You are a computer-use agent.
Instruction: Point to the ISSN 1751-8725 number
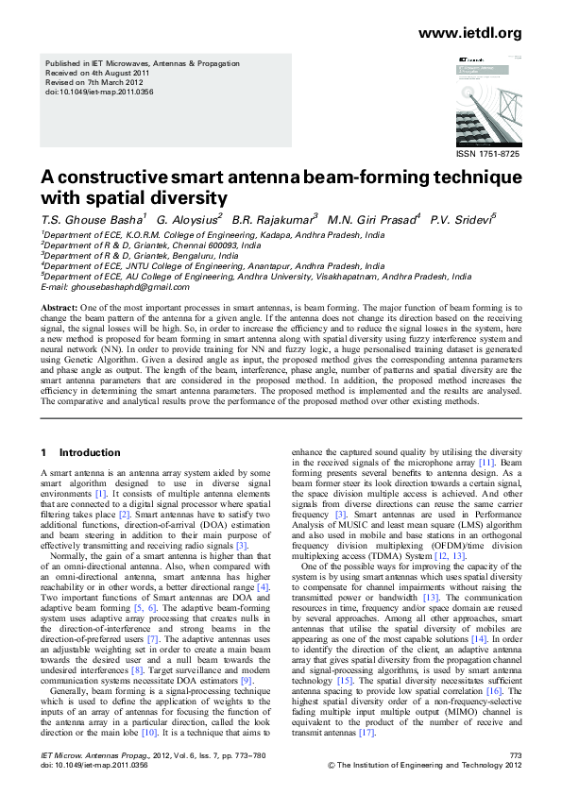pyautogui.click(x=487, y=153)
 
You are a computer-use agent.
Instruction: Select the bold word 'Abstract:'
pyautogui.click(x=59, y=310)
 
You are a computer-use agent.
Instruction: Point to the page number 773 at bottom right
pyautogui.click(x=515, y=755)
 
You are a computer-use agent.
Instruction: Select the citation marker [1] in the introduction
pyautogui.click(x=101, y=492)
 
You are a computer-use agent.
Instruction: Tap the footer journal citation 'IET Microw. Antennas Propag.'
pyautogui.click(x=82, y=755)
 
